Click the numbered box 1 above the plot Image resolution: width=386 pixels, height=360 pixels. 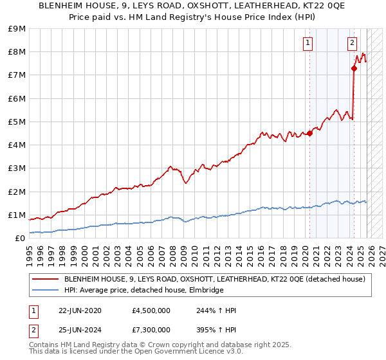[x=308, y=43]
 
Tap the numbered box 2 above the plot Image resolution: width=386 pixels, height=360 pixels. [x=352, y=43]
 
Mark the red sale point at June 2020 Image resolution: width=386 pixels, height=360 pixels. [x=309, y=133]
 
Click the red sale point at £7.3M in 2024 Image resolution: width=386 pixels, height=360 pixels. [x=354, y=68]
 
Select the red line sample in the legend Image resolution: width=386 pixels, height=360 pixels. [x=46, y=279]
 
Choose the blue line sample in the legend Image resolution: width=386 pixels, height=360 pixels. [x=46, y=290]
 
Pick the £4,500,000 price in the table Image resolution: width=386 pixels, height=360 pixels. [x=151, y=310]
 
